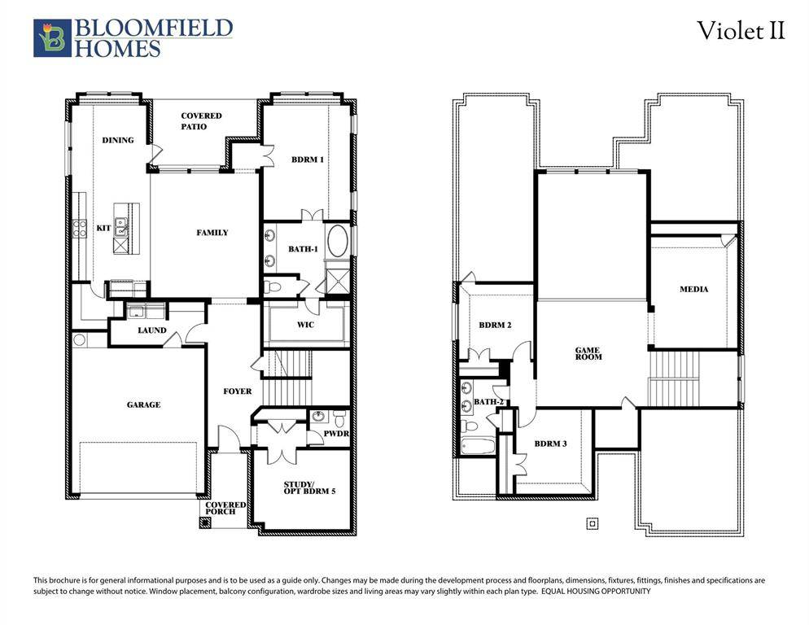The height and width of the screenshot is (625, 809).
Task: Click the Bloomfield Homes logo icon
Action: coord(52,38)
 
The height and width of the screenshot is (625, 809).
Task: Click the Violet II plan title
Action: coord(741,31)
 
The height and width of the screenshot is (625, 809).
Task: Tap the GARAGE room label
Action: coord(143,404)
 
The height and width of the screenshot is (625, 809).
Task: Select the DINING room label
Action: coord(118,140)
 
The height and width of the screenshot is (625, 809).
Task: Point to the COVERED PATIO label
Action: coord(200,121)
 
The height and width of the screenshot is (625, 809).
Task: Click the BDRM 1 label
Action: coord(308,160)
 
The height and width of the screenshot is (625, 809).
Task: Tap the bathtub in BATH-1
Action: coord(337,243)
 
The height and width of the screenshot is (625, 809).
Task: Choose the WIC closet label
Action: coord(305,325)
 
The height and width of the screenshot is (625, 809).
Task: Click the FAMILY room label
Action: coord(212,233)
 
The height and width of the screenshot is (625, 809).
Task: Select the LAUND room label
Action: coord(152,330)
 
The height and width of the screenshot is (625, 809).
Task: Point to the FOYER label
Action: coord(238,391)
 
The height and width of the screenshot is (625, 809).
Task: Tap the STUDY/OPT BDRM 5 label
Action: coord(305,488)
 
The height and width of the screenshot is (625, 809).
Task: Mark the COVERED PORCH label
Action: coord(225,508)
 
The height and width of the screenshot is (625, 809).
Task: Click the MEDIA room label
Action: coord(693,289)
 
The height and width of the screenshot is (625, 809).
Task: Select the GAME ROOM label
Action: coord(588,354)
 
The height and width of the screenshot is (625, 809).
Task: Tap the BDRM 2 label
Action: coord(495,325)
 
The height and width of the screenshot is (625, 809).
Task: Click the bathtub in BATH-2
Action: coord(476,447)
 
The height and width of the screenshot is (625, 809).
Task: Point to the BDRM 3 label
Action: coord(550,444)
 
